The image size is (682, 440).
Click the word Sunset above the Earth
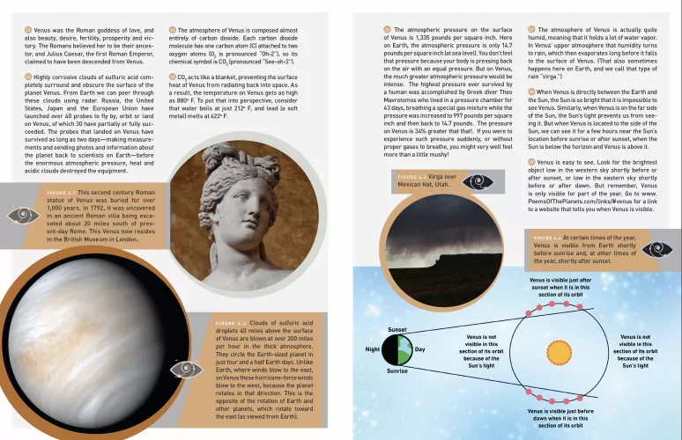(x=397, y=329)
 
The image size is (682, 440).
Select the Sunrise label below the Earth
(x=397, y=371)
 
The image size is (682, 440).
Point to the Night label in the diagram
(x=374, y=349)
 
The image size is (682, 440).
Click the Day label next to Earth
(x=419, y=349)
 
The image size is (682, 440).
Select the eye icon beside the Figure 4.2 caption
(x=185, y=369)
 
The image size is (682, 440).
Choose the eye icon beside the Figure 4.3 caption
(x=478, y=181)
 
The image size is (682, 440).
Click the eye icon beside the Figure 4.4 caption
(x=654, y=249)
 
